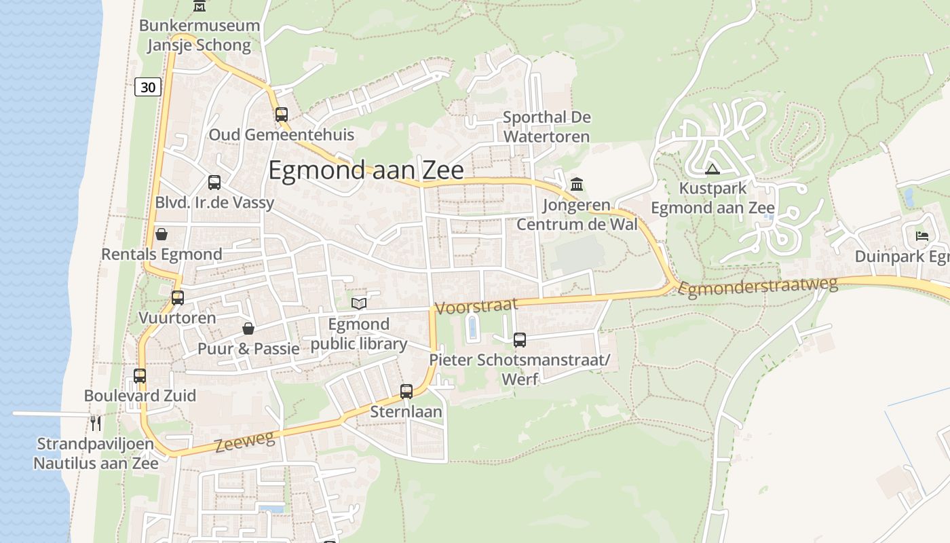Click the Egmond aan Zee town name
[366, 170]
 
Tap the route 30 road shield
[148, 87]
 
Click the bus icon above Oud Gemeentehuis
[281, 114]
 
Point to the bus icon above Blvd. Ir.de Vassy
[214, 182]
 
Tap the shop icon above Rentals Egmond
[161, 234]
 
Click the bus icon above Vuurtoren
[178, 297]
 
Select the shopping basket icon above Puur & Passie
[248, 329]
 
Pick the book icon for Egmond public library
[358, 303]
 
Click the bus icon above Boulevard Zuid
[140, 375]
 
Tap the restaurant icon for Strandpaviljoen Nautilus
[96, 424]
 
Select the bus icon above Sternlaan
[406, 391]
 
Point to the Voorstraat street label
[476, 306]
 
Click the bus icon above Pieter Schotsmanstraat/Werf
[520, 340]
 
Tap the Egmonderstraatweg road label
[758, 287]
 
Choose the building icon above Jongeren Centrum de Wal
[577, 184]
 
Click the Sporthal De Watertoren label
[546, 127]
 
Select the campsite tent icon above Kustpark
[712, 169]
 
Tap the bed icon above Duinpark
[921, 236]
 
